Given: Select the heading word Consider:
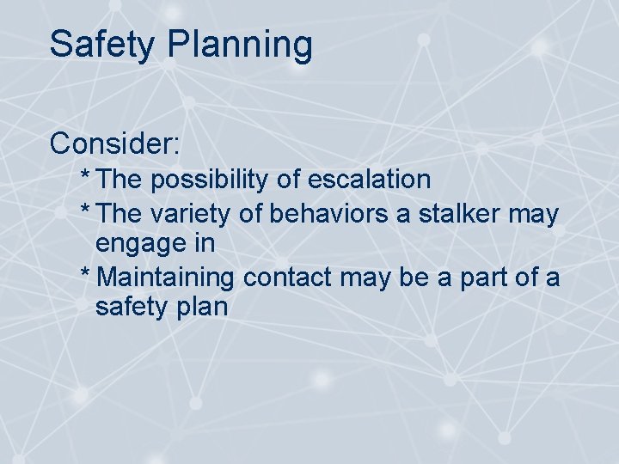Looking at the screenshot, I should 114,143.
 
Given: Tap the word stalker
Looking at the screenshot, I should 463,214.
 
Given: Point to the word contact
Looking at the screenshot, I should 288,278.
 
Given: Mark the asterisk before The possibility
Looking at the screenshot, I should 84,176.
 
